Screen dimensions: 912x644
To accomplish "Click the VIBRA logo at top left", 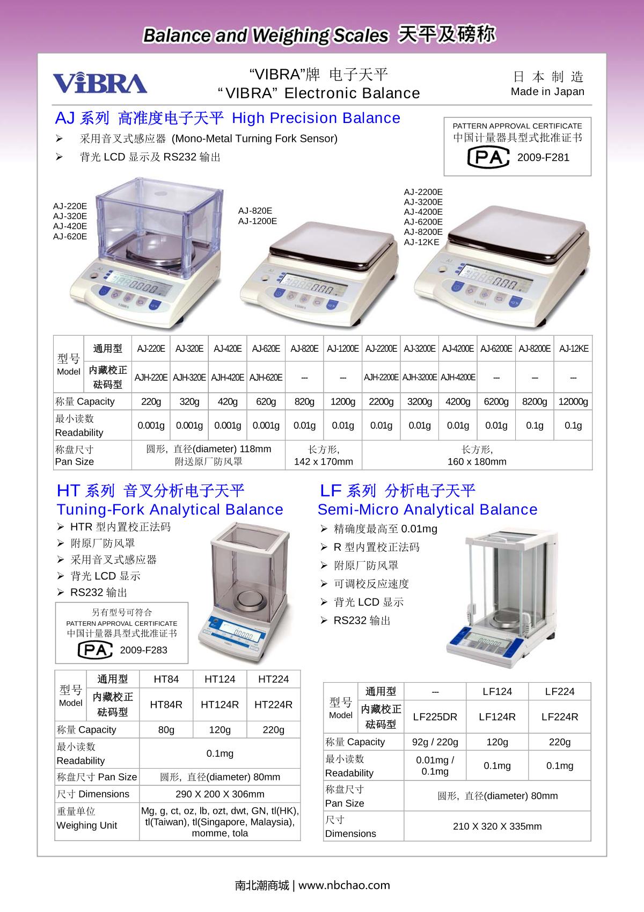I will coord(100,83).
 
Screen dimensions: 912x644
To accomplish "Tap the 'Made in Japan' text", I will coord(547,91).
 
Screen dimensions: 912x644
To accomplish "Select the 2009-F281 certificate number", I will coord(543,157).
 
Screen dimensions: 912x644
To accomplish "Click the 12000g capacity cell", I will coord(573,401).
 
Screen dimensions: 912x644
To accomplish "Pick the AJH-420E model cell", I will coord(228,377).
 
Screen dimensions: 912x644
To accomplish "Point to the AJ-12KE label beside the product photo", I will coord(421,242).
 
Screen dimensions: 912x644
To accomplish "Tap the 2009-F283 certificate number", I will coord(143,650).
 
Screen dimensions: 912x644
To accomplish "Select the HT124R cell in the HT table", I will coord(219,704).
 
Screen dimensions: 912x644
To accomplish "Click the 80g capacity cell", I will coord(166,729).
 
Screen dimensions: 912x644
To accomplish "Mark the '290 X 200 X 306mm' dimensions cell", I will coord(219,794).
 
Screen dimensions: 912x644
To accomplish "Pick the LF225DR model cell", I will coord(435,716).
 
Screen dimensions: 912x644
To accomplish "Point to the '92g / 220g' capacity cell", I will coord(435,742).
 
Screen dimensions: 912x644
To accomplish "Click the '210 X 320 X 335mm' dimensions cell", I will coord(497,826).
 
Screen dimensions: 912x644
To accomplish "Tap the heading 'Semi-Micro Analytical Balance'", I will coord(427,509).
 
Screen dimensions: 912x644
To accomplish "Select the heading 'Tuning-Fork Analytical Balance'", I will coord(170,509).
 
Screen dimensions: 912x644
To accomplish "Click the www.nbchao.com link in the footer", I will coord(344,885).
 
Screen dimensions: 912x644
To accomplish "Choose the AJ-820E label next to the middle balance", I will coord(255,211).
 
